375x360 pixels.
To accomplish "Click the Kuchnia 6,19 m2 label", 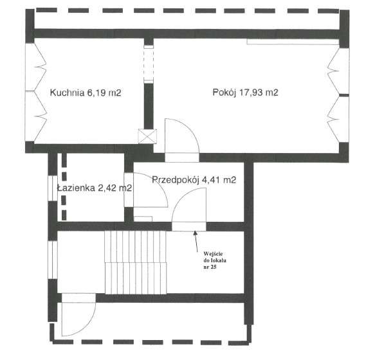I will tap(86, 93).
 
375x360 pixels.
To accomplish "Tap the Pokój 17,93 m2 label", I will tap(245, 93).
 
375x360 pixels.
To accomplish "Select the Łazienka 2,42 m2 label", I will tap(94, 188).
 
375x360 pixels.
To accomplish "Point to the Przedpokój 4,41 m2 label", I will tap(194, 181).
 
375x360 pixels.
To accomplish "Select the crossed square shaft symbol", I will tap(147, 136).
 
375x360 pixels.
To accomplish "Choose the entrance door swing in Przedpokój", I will tap(188, 209).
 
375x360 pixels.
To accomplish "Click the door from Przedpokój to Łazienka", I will tap(150, 202).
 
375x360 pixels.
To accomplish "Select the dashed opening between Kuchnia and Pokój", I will tap(148, 64).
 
